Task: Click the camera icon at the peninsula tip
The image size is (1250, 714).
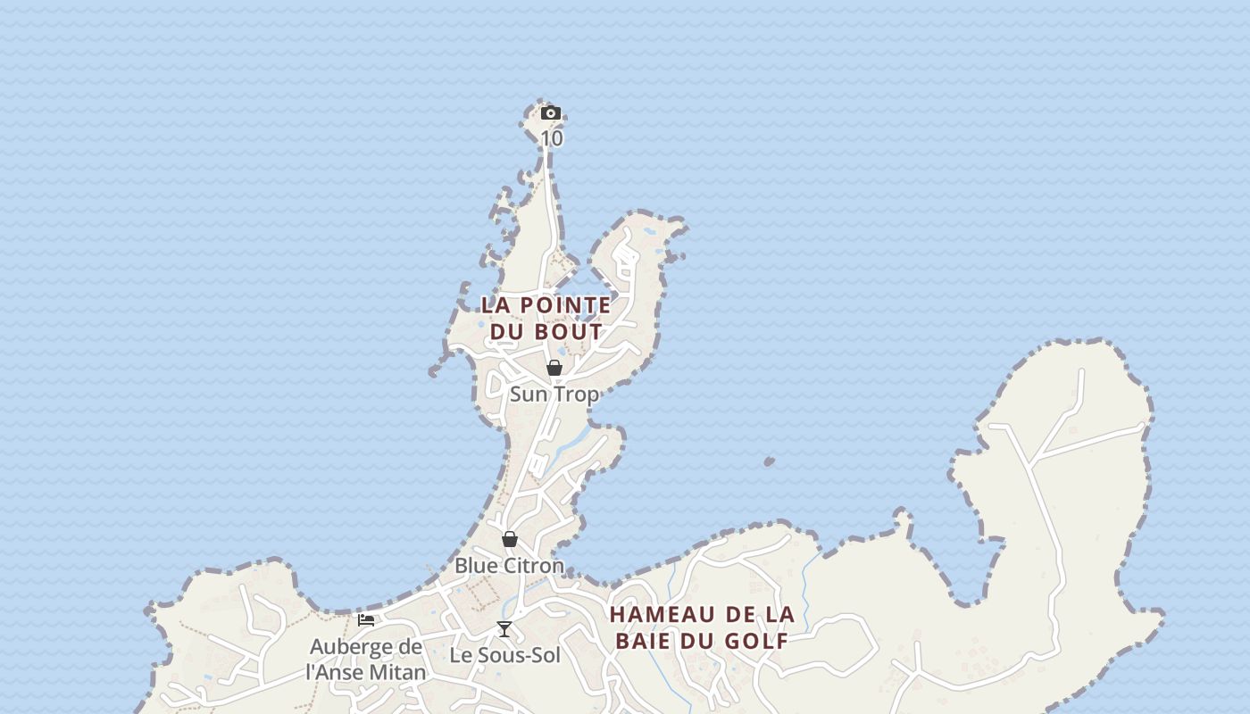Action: (x=551, y=113)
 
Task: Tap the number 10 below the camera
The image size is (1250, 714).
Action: (x=552, y=139)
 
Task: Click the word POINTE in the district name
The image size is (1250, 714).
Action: (x=565, y=305)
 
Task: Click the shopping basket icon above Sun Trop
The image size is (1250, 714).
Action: (x=554, y=368)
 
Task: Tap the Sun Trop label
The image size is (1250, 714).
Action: (x=554, y=394)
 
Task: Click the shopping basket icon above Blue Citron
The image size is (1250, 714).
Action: (x=510, y=539)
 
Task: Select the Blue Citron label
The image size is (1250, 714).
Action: (x=509, y=566)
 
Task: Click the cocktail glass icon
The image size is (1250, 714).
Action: (x=504, y=629)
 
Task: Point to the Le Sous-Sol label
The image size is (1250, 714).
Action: (x=504, y=655)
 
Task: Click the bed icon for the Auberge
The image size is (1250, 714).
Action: (x=366, y=620)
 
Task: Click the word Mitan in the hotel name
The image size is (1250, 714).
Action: (x=396, y=672)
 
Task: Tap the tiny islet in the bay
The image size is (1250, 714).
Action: (x=769, y=461)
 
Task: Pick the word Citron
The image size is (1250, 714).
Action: (x=533, y=566)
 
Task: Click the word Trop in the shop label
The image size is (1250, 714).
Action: (x=577, y=394)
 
